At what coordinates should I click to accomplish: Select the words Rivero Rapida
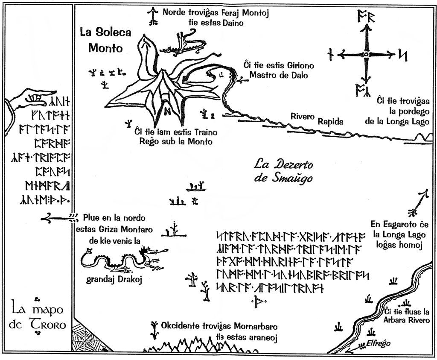point(317,119)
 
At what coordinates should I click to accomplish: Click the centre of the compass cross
point(366,54)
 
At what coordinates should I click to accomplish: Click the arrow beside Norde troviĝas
point(152,16)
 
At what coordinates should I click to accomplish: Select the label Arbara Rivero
point(406,320)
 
